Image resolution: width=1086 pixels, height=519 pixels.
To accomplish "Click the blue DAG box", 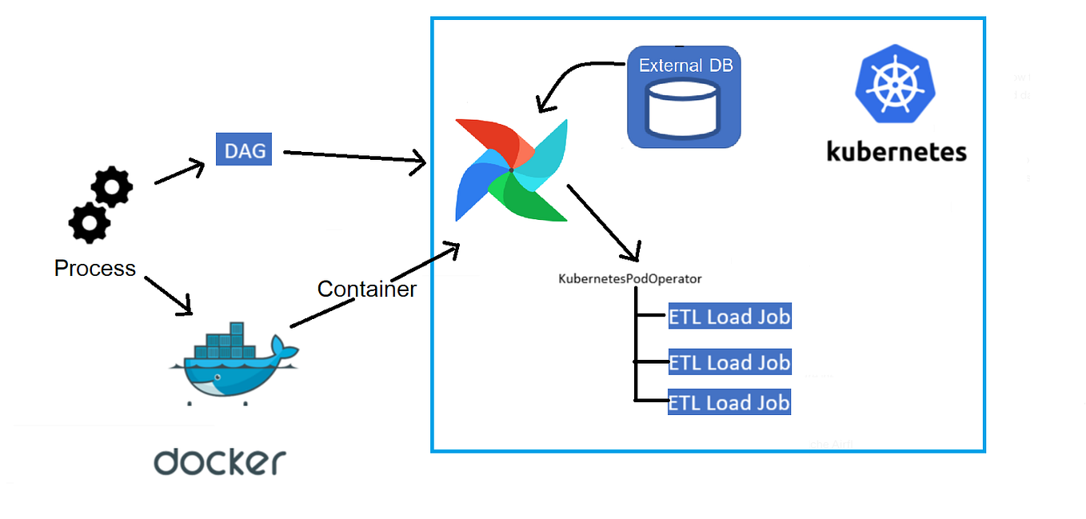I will [x=244, y=150].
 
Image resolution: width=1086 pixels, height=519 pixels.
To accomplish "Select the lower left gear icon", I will [x=89, y=222].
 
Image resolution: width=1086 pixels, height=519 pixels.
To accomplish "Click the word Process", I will [x=94, y=269].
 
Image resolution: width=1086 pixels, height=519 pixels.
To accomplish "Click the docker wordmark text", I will [x=220, y=462].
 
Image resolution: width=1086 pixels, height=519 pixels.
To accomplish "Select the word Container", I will [x=366, y=289].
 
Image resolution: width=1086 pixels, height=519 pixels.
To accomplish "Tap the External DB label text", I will [x=685, y=66].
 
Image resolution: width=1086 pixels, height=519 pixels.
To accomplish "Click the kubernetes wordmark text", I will [x=896, y=150].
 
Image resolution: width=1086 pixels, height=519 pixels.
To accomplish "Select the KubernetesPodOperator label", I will [x=629, y=279].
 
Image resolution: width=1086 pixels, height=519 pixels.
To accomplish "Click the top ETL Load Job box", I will [x=729, y=317].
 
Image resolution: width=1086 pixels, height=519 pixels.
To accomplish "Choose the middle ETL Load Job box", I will [x=729, y=362].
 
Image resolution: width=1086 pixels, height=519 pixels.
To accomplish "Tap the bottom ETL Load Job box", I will [x=729, y=402].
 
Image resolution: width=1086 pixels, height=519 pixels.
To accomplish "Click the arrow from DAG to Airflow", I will [x=354, y=158].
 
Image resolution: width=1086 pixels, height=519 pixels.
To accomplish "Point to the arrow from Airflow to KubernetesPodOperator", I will [x=604, y=223].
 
